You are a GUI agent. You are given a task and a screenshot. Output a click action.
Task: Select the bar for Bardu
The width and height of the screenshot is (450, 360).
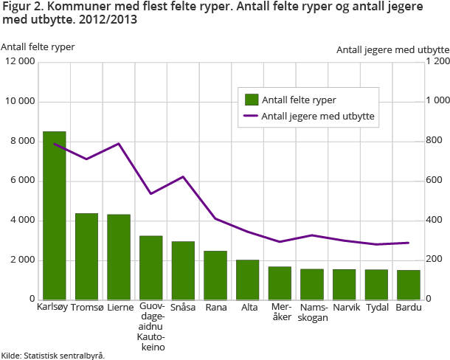[408, 285]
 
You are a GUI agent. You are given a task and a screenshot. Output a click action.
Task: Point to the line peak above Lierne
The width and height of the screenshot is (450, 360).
[119, 144]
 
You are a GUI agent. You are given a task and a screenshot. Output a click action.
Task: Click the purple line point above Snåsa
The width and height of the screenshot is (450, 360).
[183, 177]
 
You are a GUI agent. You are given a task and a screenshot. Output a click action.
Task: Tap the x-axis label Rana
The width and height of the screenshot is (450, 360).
[215, 307]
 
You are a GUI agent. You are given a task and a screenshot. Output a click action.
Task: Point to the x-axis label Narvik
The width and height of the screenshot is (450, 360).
[344, 307]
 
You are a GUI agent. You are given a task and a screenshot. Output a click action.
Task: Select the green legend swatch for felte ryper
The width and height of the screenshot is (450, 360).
[251, 98]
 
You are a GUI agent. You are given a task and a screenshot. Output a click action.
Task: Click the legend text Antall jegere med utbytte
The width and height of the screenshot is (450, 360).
[318, 116]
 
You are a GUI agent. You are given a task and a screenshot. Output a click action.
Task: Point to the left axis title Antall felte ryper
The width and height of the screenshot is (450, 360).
[38, 46]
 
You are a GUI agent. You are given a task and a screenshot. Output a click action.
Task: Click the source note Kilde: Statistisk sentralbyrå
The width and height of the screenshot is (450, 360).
[53, 355]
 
